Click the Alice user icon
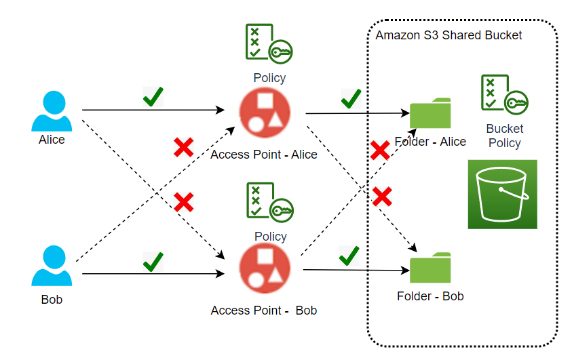click(x=52, y=111)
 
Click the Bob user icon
click(x=52, y=266)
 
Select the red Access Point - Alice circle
click(x=265, y=112)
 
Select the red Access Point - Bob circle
click(x=265, y=269)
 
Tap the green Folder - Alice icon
click(x=430, y=113)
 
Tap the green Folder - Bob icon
click(x=430, y=268)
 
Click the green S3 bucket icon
click(x=502, y=194)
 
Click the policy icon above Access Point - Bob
click(x=269, y=203)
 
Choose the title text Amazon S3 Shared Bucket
click(x=449, y=35)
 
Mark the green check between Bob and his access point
click(x=153, y=261)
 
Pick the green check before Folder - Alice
click(x=351, y=98)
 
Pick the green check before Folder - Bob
click(x=349, y=256)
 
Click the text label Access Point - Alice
click(x=264, y=155)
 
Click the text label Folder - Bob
click(x=430, y=296)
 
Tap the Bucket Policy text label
click(x=504, y=136)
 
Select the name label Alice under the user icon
click(x=52, y=140)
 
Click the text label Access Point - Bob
click(x=264, y=311)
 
